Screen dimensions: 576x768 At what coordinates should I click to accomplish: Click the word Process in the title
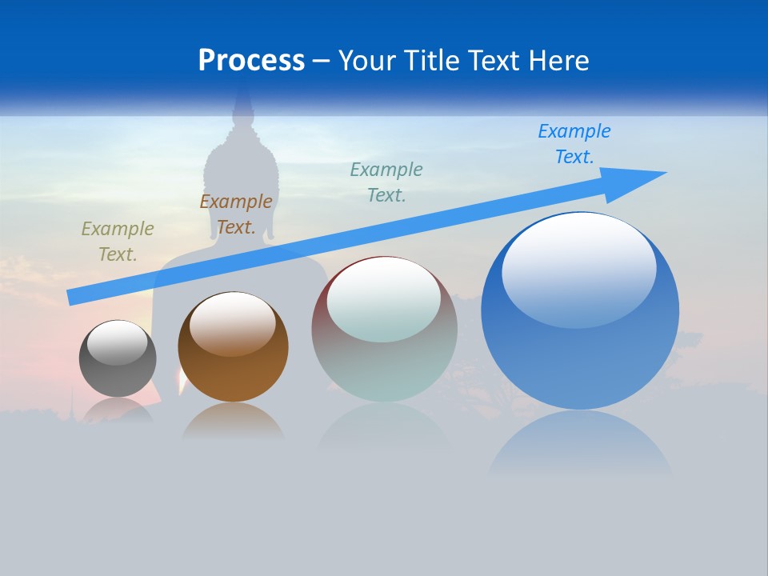tap(251, 61)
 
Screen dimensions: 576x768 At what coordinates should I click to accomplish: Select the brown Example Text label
tap(235, 214)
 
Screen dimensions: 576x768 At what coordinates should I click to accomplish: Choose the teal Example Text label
tap(386, 182)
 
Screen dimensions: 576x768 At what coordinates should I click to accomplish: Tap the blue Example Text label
tap(574, 144)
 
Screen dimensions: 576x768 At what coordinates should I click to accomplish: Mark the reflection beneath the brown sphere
tap(233, 419)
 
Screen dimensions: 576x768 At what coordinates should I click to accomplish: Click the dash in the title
tap(321, 61)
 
